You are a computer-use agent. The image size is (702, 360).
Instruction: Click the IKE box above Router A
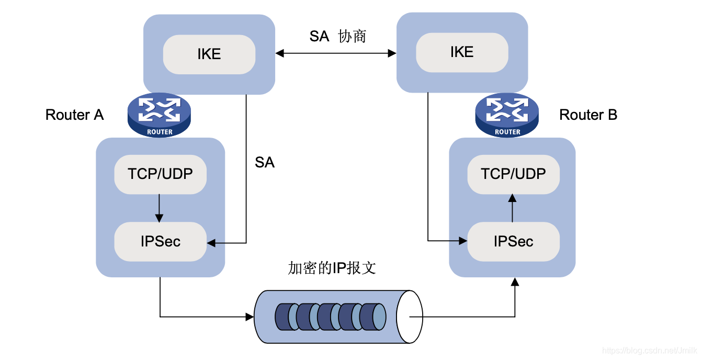point(209,54)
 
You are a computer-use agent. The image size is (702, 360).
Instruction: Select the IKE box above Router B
point(462,52)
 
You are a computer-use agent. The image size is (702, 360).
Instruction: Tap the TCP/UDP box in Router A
point(161,174)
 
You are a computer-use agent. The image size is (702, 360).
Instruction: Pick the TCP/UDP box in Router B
point(513,174)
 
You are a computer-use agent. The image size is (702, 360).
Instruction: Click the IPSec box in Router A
point(161,241)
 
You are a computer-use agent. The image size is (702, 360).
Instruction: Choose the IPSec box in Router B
point(513,241)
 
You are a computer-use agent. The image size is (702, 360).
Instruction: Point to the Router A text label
point(74,115)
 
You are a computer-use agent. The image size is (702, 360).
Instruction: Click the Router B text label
point(588,115)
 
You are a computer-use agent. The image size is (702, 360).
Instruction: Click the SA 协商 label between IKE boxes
point(337,36)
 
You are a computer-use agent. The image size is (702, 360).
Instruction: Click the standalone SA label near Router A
point(264,163)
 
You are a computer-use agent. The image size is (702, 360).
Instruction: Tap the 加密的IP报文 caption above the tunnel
point(332,268)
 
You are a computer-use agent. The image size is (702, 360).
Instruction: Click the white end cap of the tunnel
point(409,317)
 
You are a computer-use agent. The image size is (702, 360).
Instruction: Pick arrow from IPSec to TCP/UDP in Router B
point(513,208)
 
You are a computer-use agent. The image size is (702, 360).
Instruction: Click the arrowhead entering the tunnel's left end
point(249,317)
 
